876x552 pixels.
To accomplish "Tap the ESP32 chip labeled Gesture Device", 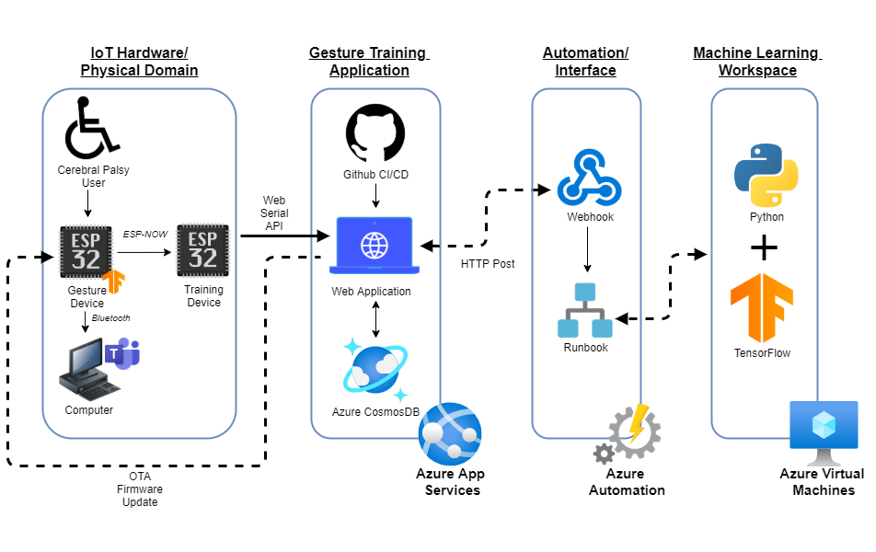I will tap(86, 250).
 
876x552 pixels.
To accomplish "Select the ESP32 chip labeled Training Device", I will tap(202, 249).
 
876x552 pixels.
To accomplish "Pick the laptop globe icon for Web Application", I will tap(375, 246).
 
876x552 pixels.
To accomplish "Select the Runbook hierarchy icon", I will tap(586, 310).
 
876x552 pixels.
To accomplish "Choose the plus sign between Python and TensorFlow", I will tap(764, 248).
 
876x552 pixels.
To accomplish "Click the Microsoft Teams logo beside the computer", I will tap(122, 353).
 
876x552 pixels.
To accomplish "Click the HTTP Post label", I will tap(488, 264).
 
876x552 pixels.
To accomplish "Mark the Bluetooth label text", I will tap(110, 318).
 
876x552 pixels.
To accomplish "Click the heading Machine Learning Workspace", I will tap(757, 62).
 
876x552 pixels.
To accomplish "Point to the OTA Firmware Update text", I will tap(140, 489).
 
